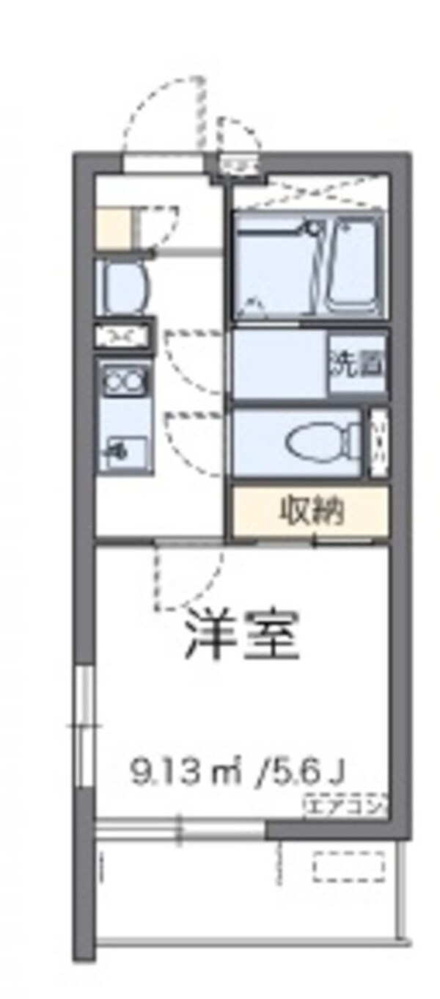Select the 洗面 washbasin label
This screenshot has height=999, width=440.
point(357,364)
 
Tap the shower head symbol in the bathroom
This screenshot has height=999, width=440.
point(316,229)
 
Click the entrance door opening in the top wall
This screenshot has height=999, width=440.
point(163,161)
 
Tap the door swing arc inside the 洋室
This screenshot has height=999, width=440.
point(187,580)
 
